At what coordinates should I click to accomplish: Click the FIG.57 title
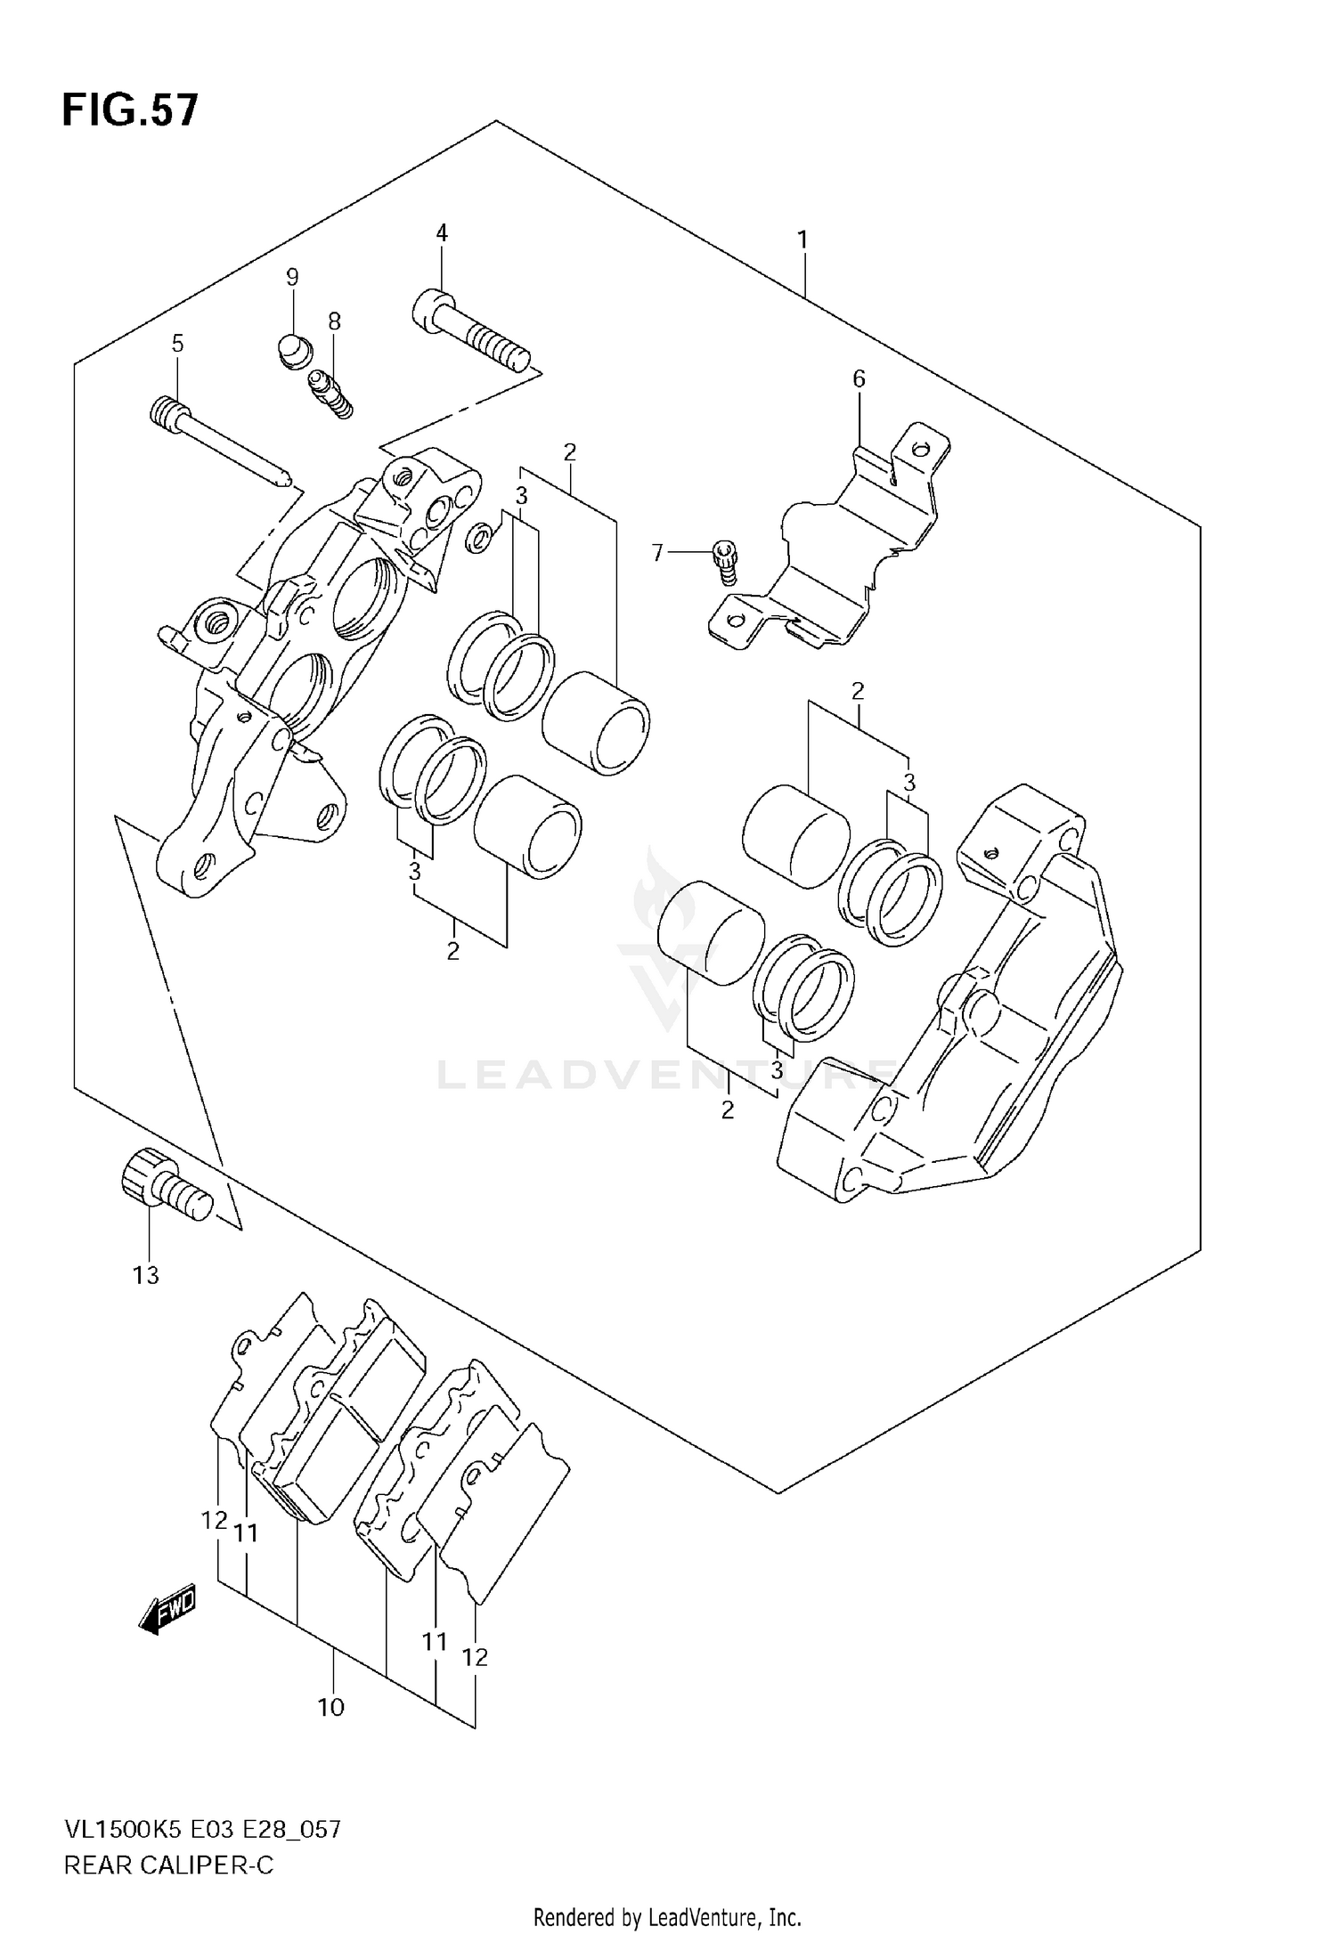tap(130, 111)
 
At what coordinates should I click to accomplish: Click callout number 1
tap(802, 240)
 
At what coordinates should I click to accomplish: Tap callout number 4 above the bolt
tap(442, 233)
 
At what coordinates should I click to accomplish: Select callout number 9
tap(292, 277)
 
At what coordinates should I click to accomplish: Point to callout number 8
tap(334, 321)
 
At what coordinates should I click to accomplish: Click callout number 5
tap(177, 343)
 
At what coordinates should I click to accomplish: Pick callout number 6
tap(859, 379)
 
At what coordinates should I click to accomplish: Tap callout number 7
tap(657, 553)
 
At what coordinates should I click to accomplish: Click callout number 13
tap(146, 1275)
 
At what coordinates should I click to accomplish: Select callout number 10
tap(330, 1707)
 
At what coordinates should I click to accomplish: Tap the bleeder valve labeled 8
tap(330, 394)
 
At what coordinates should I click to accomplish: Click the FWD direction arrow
tap(167, 1610)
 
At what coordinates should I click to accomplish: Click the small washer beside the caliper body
tap(479, 537)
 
